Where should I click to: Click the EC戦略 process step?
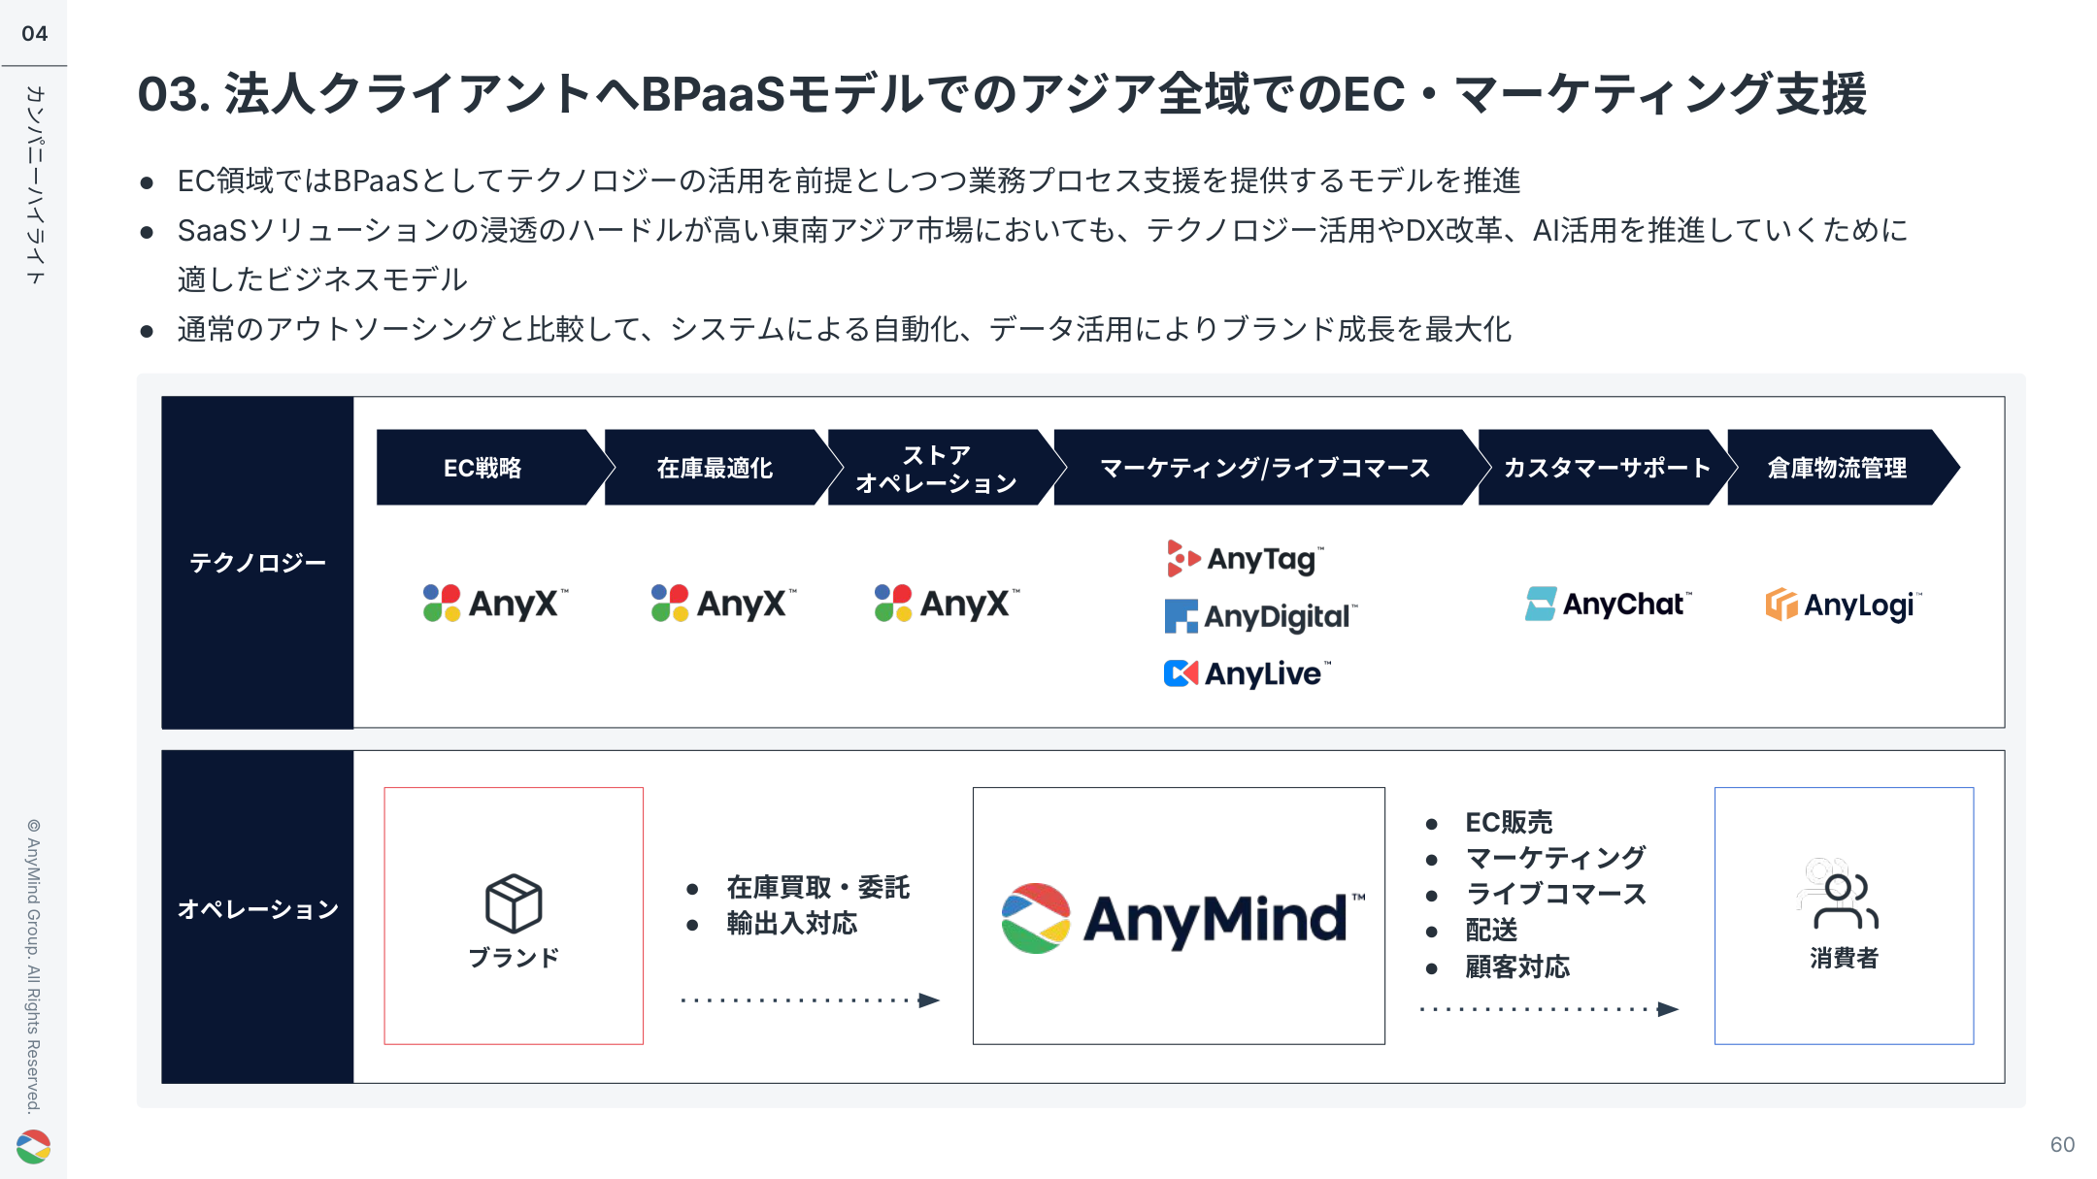483,468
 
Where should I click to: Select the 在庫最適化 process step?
715,468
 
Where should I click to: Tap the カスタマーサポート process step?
1606,468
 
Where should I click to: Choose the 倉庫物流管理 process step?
1837,468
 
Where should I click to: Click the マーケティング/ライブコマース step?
1264,468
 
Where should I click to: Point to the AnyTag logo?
1245,559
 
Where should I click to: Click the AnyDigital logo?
1260,616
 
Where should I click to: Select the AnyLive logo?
1247,673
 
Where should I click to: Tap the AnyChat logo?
1608,605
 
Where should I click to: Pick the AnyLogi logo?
1842,605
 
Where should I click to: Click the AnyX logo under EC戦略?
495,604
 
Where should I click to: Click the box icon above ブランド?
514,902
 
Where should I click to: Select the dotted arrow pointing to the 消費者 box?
1549,1009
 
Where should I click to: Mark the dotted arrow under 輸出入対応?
810,1000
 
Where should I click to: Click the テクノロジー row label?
257,563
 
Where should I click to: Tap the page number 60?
2062,1145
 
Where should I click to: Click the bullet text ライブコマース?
1555,894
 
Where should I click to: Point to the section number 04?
35,34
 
